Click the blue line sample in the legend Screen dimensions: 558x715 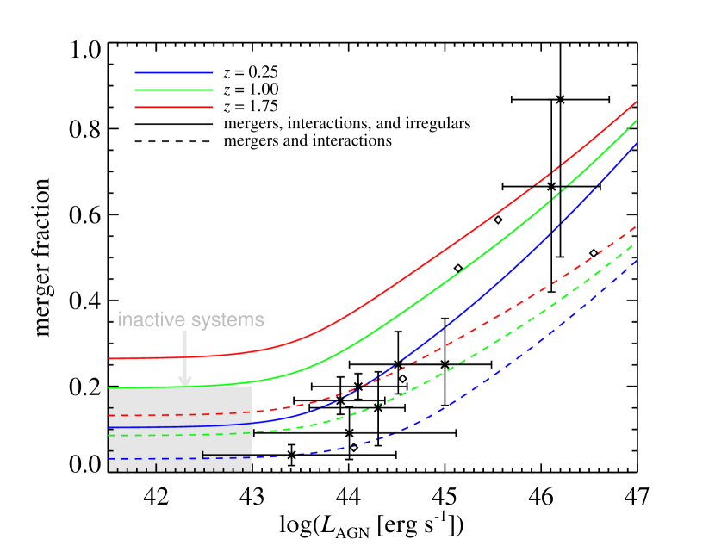click(x=173, y=73)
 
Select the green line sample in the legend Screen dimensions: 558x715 click(x=173, y=90)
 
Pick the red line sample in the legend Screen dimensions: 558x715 click(x=173, y=107)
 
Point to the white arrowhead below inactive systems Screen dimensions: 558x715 click(x=184, y=380)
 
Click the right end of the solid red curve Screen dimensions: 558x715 click(x=636, y=102)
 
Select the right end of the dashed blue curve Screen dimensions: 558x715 click(x=636, y=261)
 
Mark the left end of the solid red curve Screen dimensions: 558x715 click(x=109, y=358)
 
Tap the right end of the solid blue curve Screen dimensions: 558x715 click(x=636, y=144)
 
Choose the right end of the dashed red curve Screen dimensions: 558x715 click(x=636, y=226)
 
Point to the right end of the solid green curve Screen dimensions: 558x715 click(x=636, y=121)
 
